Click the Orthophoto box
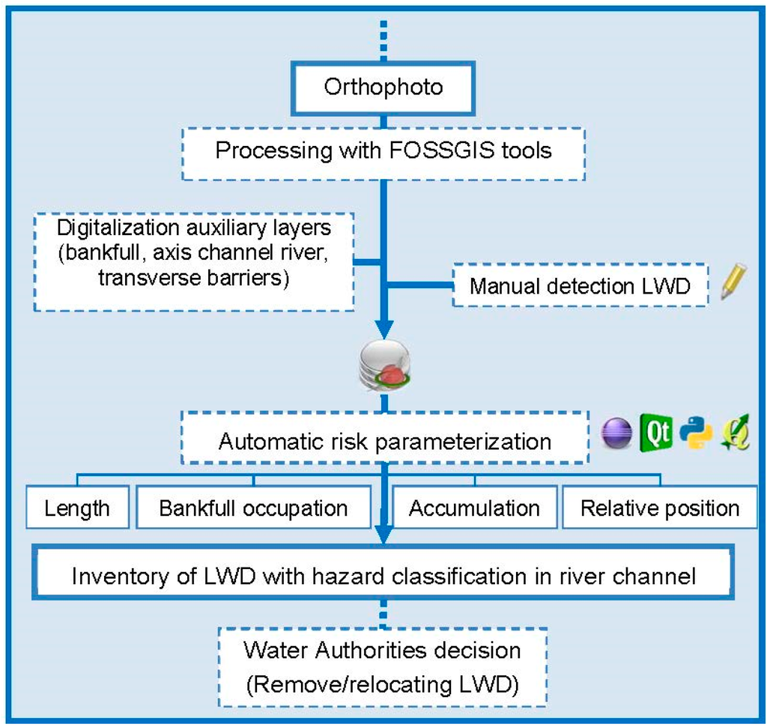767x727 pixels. point(383,87)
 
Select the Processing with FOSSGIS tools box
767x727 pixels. point(383,150)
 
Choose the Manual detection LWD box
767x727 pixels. point(580,285)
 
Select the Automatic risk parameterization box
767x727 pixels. point(384,440)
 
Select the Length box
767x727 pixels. point(77,508)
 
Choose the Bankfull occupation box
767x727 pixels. point(253,508)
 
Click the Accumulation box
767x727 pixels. point(474,508)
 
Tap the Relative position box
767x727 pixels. point(660,508)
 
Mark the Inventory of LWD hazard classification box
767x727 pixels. point(384,577)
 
